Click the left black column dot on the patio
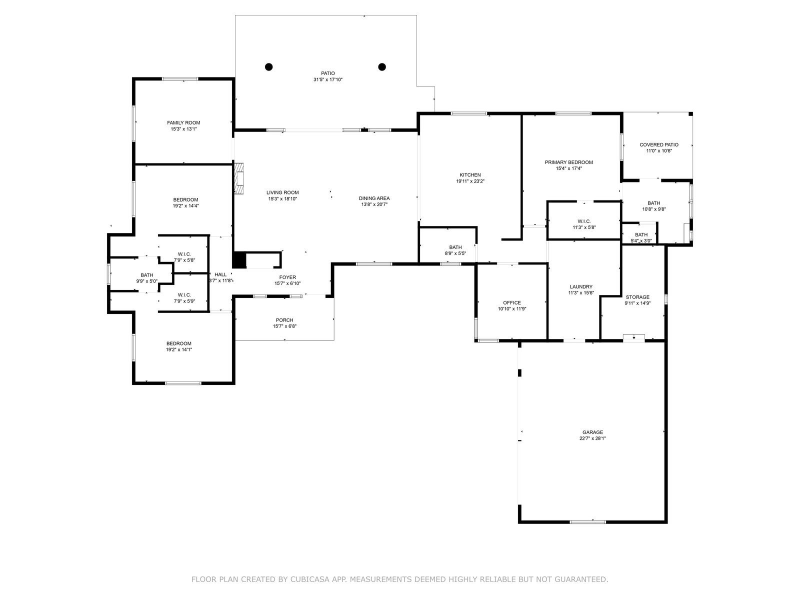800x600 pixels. (268, 66)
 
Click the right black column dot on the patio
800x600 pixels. (382, 66)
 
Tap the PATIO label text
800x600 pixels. (328, 73)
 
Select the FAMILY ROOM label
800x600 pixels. (183, 123)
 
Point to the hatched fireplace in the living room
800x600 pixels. (239, 178)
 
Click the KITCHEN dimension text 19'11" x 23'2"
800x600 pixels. (470, 181)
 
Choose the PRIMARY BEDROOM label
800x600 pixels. (569, 162)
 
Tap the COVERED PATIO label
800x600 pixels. (659, 144)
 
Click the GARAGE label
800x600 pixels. (592, 432)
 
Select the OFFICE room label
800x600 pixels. (512, 302)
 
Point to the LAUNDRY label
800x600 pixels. (581, 286)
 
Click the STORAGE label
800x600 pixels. (637, 297)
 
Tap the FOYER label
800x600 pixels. (287, 277)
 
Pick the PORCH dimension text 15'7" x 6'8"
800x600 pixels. (284, 326)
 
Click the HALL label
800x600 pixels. (220, 274)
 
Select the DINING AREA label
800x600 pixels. (374, 198)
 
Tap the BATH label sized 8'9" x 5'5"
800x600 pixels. (455, 247)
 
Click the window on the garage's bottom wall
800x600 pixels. (587, 522)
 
